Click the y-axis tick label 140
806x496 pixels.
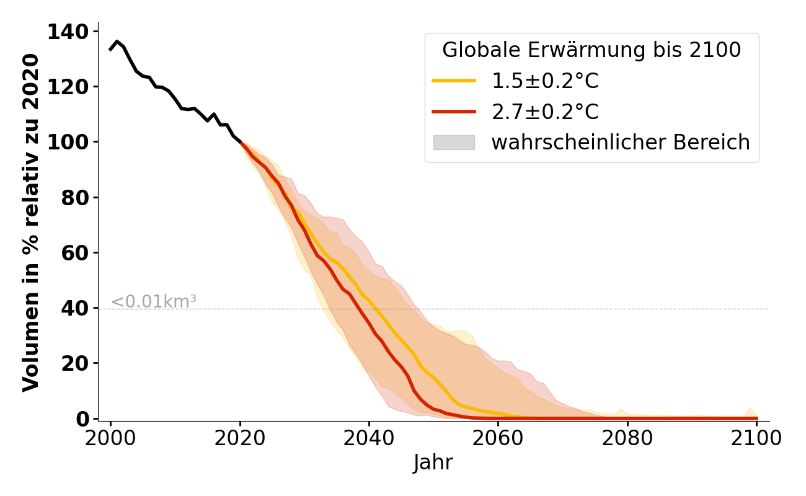point(68,31)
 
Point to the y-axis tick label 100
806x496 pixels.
point(68,142)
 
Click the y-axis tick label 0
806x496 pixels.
point(83,419)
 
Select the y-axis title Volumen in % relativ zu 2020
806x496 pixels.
point(31,223)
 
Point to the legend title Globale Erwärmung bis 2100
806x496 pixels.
point(591,50)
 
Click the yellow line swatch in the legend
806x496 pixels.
point(454,81)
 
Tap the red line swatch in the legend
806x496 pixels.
point(454,112)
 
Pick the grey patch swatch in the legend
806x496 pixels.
point(454,143)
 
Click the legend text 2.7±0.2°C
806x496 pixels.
point(545,112)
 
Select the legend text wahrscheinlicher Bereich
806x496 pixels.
point(621,143)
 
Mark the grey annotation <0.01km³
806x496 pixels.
point(154,302)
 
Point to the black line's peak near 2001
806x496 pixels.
point(117,42)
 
